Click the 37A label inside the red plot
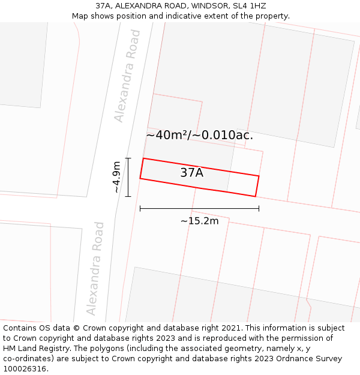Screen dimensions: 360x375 pyautogui.click(x=191, y=173)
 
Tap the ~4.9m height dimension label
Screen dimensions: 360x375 pyautogui.click(x=116, y=177)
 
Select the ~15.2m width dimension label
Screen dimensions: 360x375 pyautogui.click(x=199, y=221)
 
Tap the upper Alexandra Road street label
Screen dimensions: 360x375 pyautogui.click(x=128, y=76)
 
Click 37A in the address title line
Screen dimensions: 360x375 pyautogui.click(x=103, y=6)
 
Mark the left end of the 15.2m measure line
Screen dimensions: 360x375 pyautogui.click(x=140, y=208)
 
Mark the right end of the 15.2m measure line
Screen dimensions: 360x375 pyautogui.click(x=259, y=208)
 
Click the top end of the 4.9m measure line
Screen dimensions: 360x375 pyautogui.click(x=128, y=158)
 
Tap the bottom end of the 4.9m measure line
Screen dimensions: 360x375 pyautogui.click(x=128, y=196)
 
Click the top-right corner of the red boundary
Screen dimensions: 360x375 pyautogui.click(x=259, y=176)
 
